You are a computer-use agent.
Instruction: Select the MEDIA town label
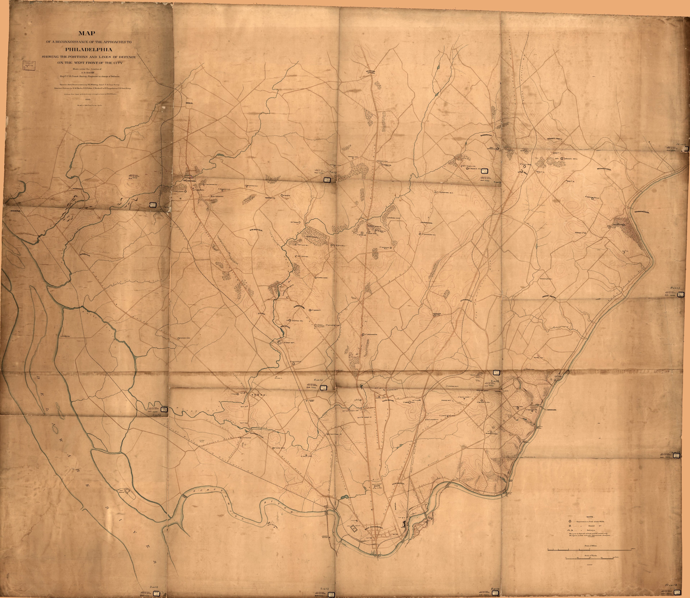190,103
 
